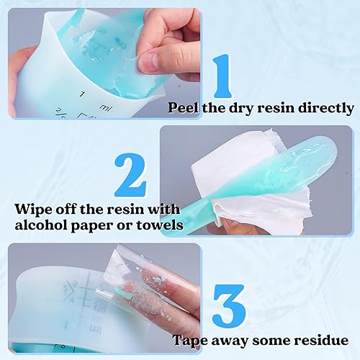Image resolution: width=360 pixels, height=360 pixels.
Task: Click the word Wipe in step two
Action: [x=33, y=210]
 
